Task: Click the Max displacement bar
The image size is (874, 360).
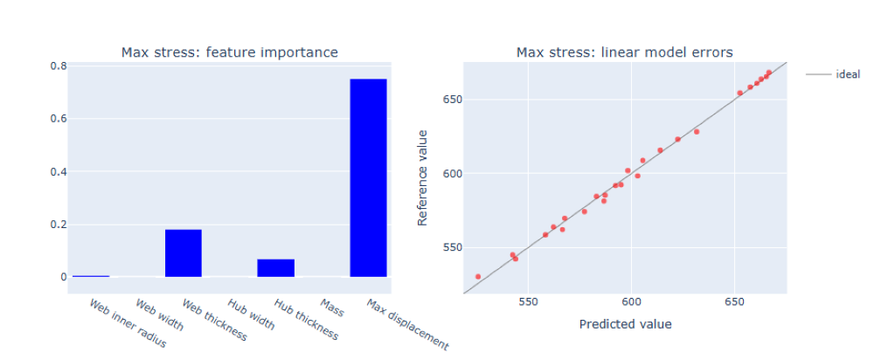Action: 368,177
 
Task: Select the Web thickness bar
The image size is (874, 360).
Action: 184,253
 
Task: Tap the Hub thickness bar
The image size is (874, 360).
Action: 275,268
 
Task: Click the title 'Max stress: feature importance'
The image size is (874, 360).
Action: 229,52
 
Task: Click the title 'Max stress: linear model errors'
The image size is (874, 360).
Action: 624,52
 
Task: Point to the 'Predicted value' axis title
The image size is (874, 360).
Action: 625,324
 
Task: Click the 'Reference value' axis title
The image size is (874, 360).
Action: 423,177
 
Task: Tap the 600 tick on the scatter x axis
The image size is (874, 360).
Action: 631,302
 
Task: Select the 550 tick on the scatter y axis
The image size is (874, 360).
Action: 449,247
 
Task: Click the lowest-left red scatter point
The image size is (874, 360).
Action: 478,276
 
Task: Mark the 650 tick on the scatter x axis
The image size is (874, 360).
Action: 733,302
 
